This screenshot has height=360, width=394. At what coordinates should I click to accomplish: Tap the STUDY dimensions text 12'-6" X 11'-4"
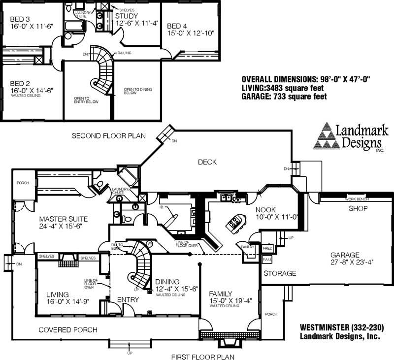tap(136, 23)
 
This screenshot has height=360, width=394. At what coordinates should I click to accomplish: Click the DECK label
tap(207, 162)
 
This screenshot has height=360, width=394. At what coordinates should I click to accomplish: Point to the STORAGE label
tap(279, 273)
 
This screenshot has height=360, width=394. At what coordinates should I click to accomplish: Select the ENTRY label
tap(128, 299)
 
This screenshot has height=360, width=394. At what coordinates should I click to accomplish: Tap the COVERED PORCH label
tap(67, 330)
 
